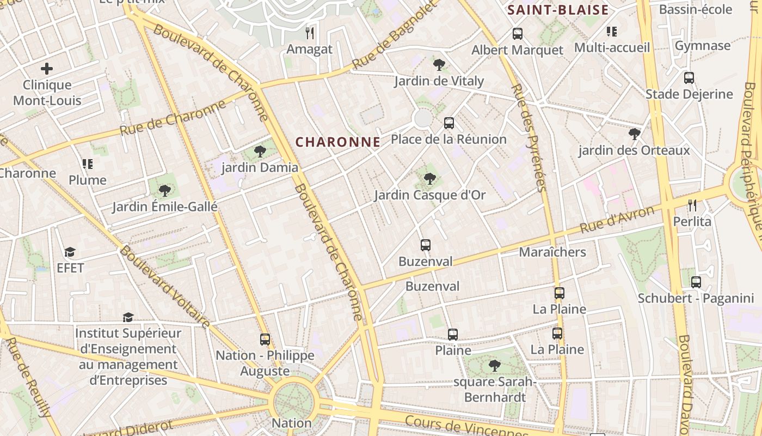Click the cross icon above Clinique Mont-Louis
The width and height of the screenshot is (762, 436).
coord(47,69)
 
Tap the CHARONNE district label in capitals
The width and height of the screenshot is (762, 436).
coord(337,142)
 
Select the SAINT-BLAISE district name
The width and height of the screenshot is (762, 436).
coord(558,10)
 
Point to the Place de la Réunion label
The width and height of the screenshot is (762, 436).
coord(448,139)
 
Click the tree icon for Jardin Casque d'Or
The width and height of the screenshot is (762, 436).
coord(429,178)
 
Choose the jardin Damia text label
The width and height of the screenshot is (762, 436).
coord(260,167)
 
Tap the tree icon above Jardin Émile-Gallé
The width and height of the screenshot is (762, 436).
coord(164,190)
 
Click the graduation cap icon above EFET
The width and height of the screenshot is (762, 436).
coord(70,252)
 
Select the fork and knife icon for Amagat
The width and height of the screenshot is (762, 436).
coord(310,33)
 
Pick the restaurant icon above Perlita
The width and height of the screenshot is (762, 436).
coord(692,205)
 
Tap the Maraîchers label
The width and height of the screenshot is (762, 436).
coord(552,252)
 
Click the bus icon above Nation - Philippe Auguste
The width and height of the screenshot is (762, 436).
coord(265,340)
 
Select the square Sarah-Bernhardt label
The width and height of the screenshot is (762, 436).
coord(495,389)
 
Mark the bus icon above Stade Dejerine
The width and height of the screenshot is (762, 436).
coord(689,78)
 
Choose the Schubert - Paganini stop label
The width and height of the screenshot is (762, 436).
coord(696,298)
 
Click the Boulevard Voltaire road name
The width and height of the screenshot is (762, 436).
coord(164,287)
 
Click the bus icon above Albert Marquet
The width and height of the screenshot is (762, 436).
coord(517,34)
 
